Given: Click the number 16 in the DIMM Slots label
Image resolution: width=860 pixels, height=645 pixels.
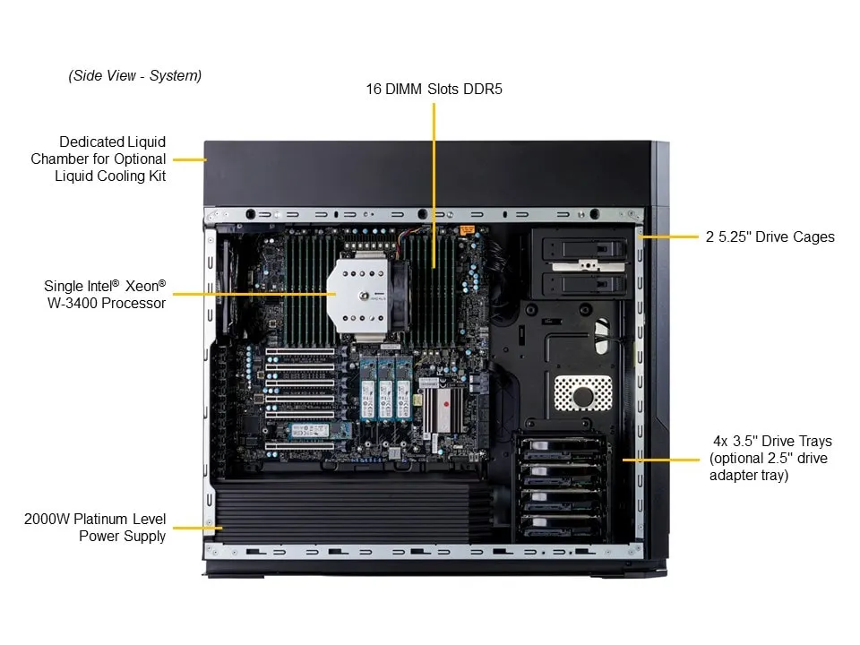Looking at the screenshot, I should tap(374, 89).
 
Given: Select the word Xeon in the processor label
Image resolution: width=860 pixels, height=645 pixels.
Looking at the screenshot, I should tap(143, 287).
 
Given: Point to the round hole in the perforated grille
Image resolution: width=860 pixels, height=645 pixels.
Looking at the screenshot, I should tap(582, 394).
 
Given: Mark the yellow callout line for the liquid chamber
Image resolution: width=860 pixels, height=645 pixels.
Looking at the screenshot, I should tap(189, 159).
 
